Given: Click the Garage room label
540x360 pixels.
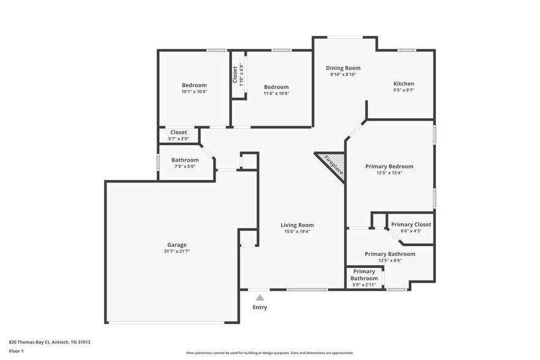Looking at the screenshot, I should pos(177,245).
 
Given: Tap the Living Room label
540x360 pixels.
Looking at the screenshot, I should pos(297,225).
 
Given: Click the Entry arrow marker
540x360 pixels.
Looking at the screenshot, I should pos(260,298).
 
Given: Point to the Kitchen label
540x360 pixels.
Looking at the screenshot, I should pos(403,84).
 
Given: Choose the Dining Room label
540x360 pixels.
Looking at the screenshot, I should pos(343,68).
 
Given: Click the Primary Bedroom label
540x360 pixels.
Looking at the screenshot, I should pos(389,166).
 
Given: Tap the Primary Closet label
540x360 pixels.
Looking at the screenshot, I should pos(411,225).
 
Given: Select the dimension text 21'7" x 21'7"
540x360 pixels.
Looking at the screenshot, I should pos(177,252).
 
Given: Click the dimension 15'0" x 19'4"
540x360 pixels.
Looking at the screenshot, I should pos(297,231).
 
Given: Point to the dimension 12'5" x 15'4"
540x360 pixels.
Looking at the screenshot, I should pos(389,173).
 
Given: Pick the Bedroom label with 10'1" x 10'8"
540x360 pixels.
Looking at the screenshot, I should pos(194,85).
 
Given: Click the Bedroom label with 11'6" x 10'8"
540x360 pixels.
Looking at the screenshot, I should pos(276,87).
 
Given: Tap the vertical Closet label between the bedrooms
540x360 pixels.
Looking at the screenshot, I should pos(235,75).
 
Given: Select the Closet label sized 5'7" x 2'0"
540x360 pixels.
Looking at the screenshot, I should pos(179,132).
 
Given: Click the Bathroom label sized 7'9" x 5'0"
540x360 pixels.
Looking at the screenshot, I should pos(185,160).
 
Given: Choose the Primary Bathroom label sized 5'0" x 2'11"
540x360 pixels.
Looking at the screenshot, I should pos(364,275).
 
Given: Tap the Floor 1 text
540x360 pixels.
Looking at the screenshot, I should pos(16,351).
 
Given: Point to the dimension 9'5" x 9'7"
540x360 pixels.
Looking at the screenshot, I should pos(403,91).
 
